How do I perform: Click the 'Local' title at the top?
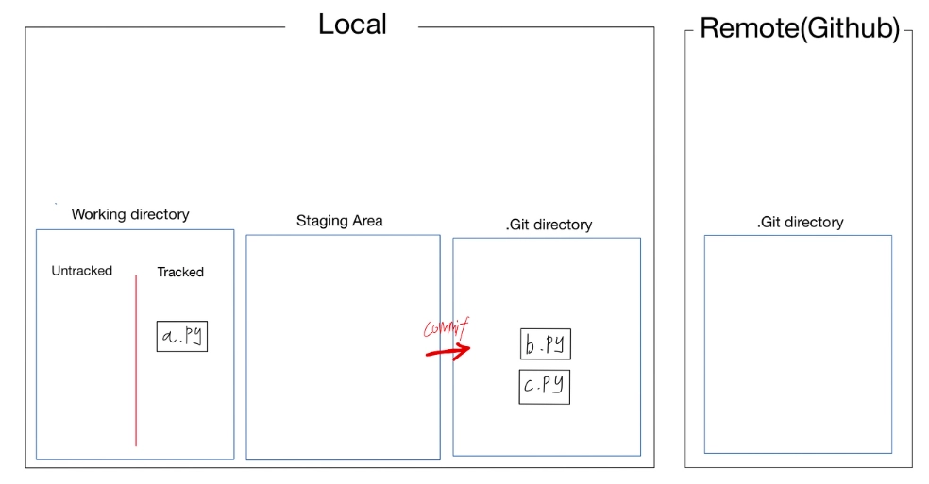(352, 25)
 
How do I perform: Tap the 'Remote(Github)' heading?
(799, 28)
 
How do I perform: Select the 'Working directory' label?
(130, 214)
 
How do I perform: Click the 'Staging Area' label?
(340, 221)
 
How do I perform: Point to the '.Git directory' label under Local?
(549, 225)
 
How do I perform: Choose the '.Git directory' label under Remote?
(800, 223)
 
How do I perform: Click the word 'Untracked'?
(81, 271)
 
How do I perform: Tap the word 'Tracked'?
(180, 272)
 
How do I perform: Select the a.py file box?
(181, 336)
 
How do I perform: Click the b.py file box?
(545, 344)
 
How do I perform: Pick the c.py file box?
(544, 387)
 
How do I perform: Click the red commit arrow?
(448, 352)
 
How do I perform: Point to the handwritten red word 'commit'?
(446, 329)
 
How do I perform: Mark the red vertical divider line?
(136, 359)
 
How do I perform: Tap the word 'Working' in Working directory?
(99, 214)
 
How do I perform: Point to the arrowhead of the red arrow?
(464, 351)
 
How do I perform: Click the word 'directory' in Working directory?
(160, 214)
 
